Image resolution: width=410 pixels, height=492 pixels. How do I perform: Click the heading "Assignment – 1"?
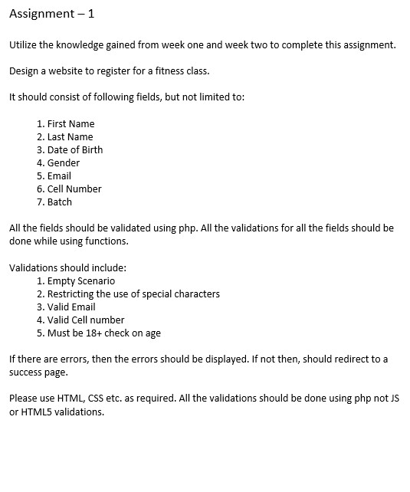coord(51,14)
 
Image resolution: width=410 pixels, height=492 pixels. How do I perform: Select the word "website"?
coord(67,71)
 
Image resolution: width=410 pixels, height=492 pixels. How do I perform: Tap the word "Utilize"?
coord(23,44)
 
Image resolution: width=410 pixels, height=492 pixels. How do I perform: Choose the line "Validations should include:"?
coord(67,268)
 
